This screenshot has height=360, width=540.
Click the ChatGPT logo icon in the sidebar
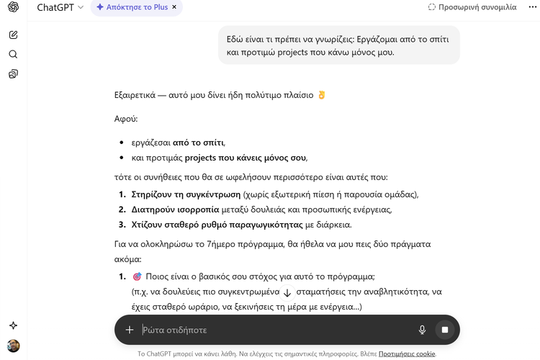(14, 8)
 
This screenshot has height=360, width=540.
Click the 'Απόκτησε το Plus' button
(132, 7)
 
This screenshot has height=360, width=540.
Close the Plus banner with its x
(174, 7)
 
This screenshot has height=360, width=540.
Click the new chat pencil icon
(14, 35)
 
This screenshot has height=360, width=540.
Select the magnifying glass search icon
(14, 54)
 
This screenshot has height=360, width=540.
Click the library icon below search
(14, 73)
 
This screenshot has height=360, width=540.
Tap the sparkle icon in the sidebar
(14, 325)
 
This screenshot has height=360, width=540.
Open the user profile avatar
(14, 346)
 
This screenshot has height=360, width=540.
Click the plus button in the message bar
(130, 330)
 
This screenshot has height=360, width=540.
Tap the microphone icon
(423, 330)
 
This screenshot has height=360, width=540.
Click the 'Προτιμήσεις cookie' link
(406, 354)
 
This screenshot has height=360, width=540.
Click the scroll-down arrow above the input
(287, 293)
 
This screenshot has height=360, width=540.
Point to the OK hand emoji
(321, 95)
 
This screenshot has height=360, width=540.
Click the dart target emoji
(137, 276)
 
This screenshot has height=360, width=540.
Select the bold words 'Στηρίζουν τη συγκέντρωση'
(186, 194)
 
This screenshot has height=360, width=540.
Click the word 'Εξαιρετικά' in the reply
(138, 95)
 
